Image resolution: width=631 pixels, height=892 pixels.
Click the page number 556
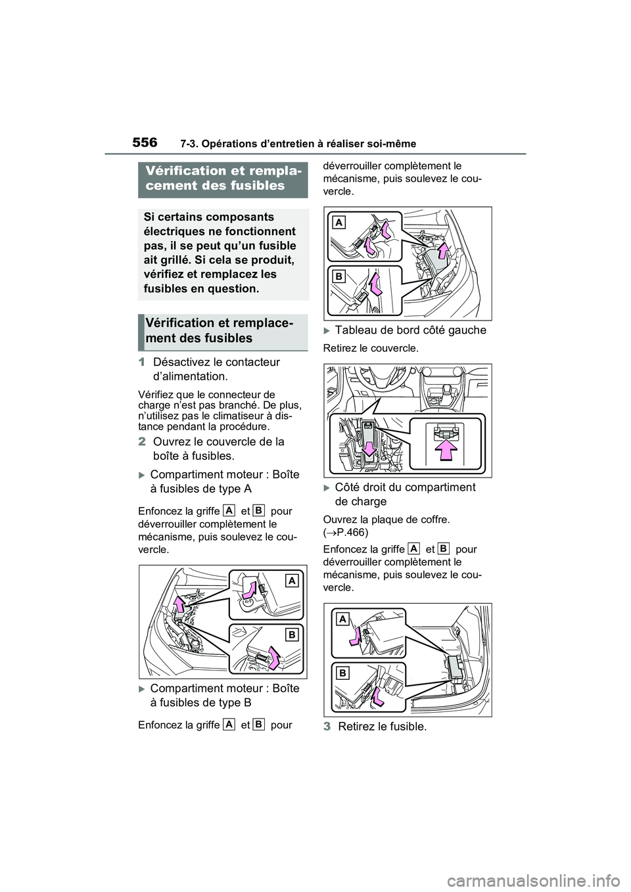[144, 142]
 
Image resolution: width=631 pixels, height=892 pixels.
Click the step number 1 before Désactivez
[142, 362]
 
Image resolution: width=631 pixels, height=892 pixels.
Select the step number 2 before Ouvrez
[142, 441]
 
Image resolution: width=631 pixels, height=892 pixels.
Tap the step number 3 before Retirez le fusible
[327, 726]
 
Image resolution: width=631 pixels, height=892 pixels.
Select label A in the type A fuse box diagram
[292, 581]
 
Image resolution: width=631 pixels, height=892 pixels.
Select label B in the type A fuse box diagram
[292, 635]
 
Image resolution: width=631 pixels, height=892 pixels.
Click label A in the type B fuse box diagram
[339, 223]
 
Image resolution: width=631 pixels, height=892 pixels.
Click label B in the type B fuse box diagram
[339, 277]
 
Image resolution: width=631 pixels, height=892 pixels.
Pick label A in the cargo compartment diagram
[343, 619]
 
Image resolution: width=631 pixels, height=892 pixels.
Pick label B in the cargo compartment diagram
[343, 673]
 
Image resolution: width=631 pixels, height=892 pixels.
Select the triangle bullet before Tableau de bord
[327, 330]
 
